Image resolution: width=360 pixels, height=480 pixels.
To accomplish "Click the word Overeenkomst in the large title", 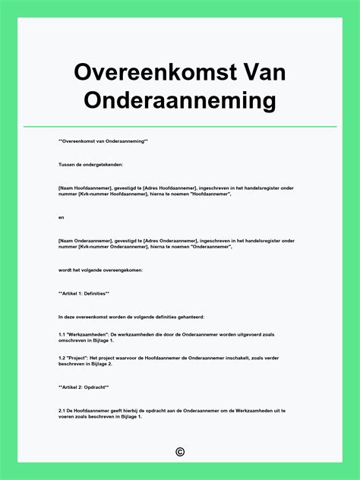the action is pyautogui.click(x=156, y=73).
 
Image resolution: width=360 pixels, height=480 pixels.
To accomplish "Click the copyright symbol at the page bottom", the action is pyautogui.click(x=180, y=453).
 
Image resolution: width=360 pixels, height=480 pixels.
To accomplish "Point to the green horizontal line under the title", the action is pyautogui.click(x=180, y=127).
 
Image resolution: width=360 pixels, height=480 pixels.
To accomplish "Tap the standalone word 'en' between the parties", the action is pyautogui.click(x=61, y=217).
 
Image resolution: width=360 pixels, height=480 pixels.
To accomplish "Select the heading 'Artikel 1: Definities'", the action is pyautogui.click(x=84, y=293).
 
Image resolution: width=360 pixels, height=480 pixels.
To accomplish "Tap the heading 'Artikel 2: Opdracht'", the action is pyautogui.click(x=83, y=387).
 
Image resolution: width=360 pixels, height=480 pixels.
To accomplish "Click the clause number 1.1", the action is pyautogui.click(x=62, y=334).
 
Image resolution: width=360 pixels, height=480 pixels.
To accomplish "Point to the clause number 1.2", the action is pyautogui.click(x=62, y=358).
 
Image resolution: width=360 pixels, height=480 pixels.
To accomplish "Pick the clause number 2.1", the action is pyautogui.click(x=62, y=411).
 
